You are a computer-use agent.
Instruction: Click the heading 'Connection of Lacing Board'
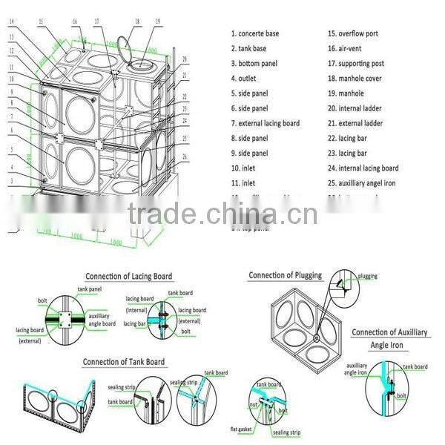(x=128, y=276)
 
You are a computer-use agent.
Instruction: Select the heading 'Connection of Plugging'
(x=285, y=275)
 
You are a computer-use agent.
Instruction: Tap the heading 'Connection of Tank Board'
(x=124, y=361)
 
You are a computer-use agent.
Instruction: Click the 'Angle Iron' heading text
(x=389, y=346)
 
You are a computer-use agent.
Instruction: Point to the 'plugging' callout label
(x=367, y=277)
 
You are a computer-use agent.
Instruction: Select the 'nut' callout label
(x=253, y=404)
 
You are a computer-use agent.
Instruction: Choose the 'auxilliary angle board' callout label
(x=102, y=319)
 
